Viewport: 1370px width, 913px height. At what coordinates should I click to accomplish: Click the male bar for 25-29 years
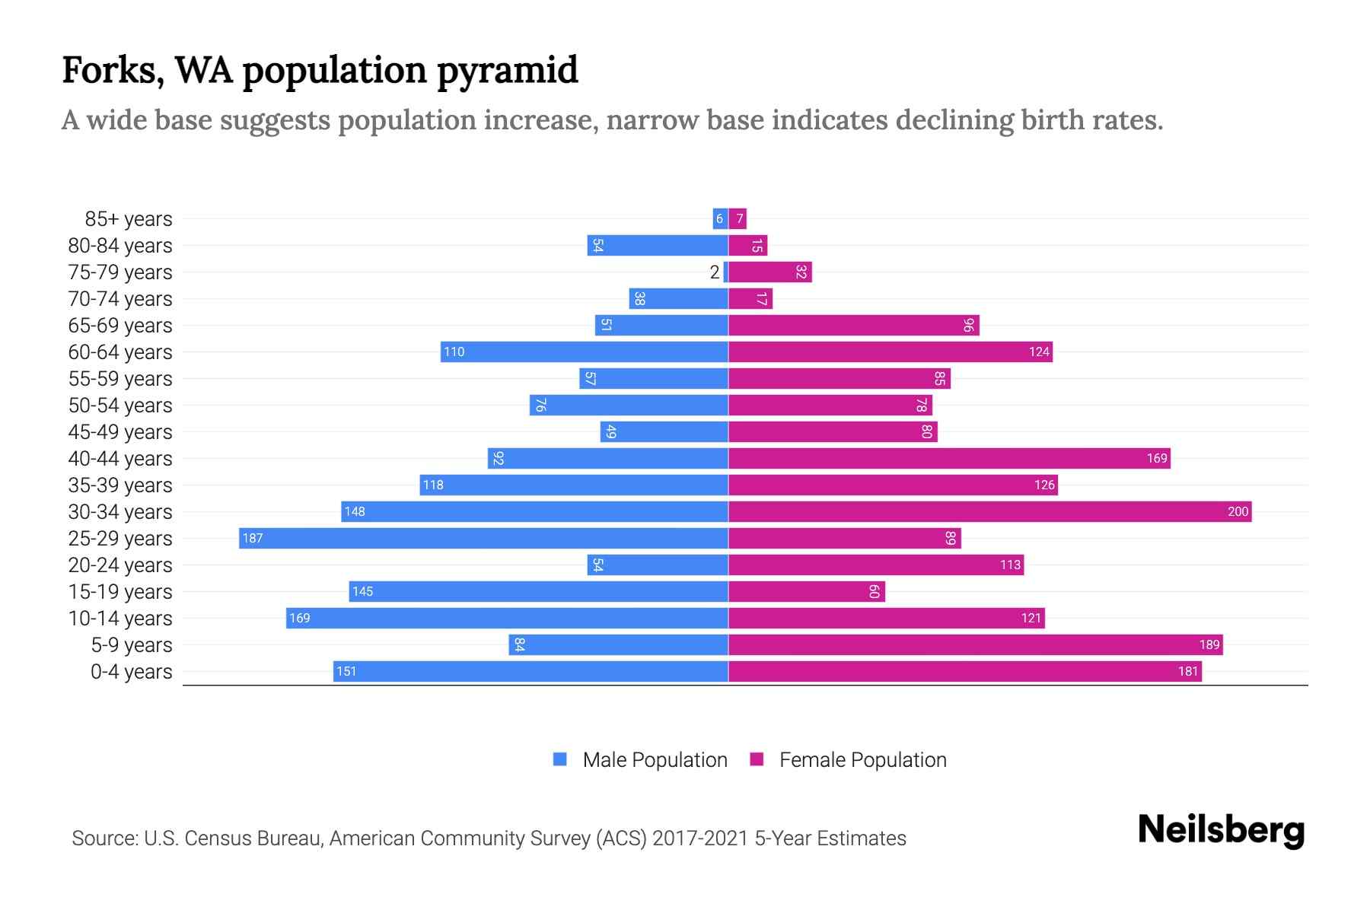(483, 539)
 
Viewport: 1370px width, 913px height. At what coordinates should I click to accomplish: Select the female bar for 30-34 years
(989, 512)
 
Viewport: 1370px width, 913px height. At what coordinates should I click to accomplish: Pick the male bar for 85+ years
(720, 219)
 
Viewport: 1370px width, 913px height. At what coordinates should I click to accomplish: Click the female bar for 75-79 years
(770, 272)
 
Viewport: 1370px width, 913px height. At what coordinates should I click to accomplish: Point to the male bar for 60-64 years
(585, 352)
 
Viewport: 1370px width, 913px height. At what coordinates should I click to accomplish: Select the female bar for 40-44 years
(949, 459)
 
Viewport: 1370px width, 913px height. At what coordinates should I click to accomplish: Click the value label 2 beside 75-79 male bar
(714, 272)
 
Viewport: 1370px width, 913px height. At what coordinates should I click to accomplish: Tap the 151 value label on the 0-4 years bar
(346, 672)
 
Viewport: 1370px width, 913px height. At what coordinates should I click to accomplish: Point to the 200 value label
(1238, 512)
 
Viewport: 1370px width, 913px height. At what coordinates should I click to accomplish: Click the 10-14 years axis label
(120, 619)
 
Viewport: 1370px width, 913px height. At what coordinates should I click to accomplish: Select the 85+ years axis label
(129, 219)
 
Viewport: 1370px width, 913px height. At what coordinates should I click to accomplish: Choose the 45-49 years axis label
(120, 432)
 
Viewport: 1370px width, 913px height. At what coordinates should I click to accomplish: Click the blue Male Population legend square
(560, 759)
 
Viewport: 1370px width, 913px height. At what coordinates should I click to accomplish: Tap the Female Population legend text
(862, 760)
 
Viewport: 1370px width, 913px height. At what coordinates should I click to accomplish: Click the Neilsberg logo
(1221, 830)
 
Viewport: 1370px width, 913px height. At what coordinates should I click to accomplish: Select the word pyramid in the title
(507, 71)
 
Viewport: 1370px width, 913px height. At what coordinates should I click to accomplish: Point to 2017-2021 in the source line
(700, 838)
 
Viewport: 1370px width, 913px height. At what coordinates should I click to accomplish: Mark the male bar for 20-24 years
(658, 565)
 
